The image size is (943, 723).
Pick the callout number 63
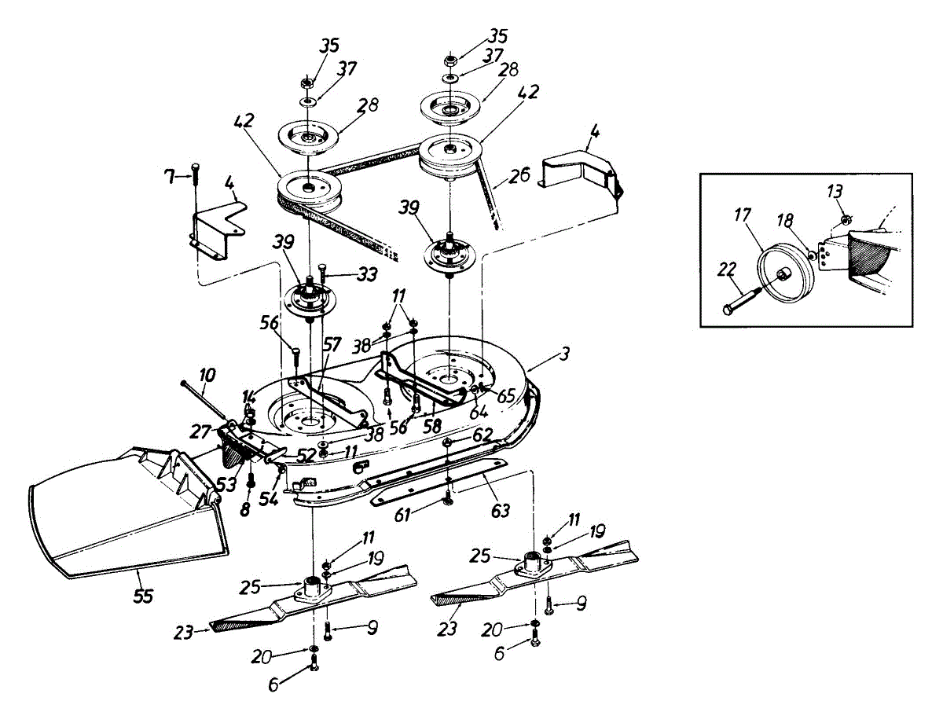(500, 511)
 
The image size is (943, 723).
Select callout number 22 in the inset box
(728, 270)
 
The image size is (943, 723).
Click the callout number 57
(332, 344)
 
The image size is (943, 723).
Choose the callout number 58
(431, 425)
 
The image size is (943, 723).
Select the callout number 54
(267, 499)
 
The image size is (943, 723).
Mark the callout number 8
(245, 509)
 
